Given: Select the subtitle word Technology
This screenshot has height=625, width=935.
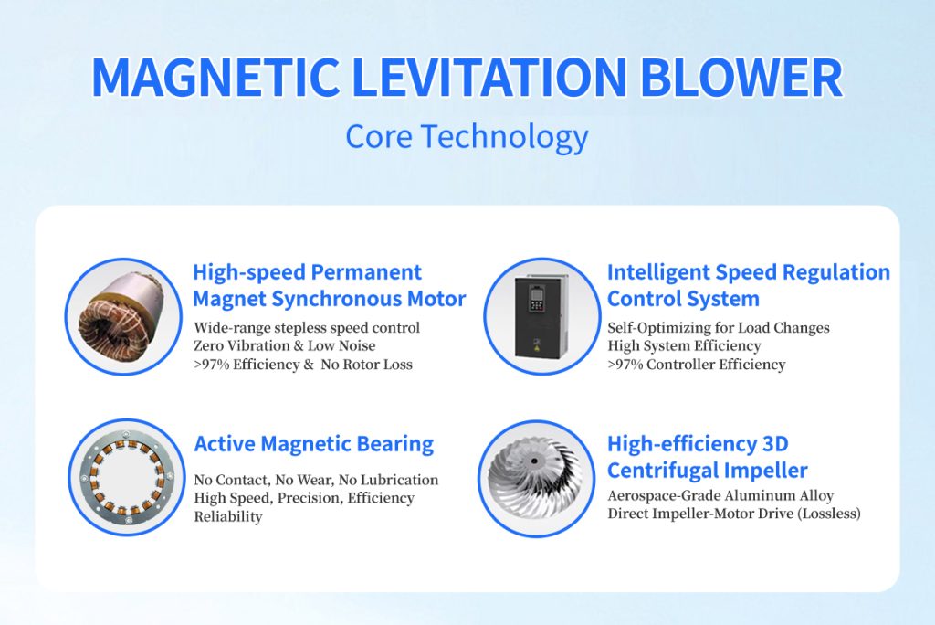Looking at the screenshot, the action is coord(504,137).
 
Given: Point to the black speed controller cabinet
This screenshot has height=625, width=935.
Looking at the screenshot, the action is coord(541,316).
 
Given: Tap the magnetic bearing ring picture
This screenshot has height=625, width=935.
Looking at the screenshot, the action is coord(127,478).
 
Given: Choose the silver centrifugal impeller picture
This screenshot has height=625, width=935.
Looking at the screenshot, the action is coord(535,479).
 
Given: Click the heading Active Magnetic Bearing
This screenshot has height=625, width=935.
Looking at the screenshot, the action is coord(314,444).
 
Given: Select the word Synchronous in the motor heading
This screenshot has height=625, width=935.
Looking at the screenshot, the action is coord(336,299).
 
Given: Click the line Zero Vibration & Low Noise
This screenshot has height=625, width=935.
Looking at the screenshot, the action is coord(285,345).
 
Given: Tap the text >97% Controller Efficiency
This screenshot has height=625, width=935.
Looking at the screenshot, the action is coord(697,365).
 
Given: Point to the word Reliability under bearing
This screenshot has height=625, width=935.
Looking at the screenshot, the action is coord(227,516).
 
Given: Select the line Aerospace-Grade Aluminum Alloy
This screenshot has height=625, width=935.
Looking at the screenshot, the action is coord(720,495).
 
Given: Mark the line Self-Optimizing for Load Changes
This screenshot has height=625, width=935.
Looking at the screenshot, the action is coord(719,328).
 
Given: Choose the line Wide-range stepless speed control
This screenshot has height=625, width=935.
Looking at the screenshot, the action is coord(307,328).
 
